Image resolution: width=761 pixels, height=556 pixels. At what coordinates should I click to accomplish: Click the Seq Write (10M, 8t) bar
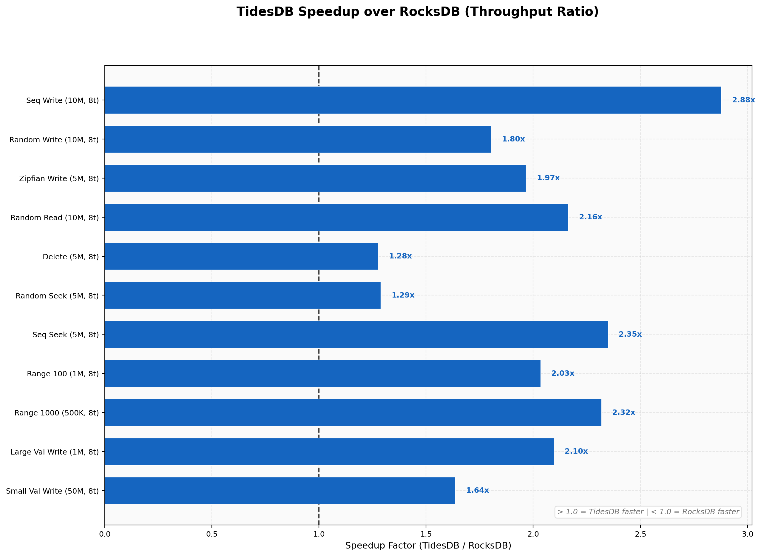[413, 100]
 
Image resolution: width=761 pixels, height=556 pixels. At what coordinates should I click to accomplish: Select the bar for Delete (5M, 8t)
[241, 256]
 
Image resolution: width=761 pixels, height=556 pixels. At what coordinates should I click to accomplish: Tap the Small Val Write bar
[280, 490]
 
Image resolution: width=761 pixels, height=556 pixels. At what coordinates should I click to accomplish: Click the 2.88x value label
[743, 100]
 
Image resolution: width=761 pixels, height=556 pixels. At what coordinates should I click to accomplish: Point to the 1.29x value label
[403, 295]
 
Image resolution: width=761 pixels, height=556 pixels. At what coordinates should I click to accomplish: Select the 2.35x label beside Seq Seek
[630, 334]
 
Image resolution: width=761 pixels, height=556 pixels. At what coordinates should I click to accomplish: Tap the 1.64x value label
[477, 490]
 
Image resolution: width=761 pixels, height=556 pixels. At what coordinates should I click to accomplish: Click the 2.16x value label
[590, 217]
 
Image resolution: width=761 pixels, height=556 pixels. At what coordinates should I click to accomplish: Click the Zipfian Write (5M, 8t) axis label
[59, 179]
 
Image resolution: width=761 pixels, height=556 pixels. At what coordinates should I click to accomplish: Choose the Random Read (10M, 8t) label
[55, 218]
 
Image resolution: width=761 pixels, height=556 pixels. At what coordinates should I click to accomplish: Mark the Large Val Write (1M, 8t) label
[55, 452]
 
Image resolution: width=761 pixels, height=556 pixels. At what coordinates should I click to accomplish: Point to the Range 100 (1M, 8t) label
[63, 374]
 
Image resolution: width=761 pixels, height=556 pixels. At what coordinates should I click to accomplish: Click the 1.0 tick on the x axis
[319, 534]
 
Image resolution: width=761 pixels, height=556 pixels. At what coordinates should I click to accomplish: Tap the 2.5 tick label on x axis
[640, 534]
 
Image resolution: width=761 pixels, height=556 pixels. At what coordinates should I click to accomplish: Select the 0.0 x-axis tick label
[105, 534]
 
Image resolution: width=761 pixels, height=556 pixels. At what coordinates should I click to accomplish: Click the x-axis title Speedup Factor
[428, 546]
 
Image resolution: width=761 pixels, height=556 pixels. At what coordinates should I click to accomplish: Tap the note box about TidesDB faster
[648, 512]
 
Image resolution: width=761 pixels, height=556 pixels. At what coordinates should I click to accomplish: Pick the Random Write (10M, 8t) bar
[298, 139]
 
